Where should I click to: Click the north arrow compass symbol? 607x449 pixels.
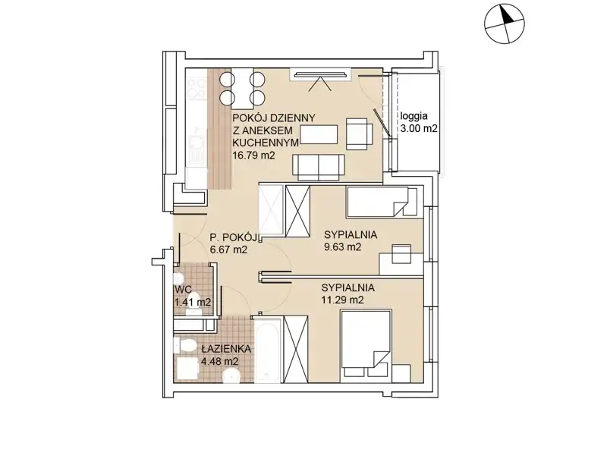(x=505, y=23)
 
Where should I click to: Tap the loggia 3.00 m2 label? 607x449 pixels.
(x=419, y=122)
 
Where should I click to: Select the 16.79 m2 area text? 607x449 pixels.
(x=253, y=155)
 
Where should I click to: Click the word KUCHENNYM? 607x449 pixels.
(x=265, y=143)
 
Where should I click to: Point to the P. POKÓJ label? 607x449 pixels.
(x=234, y=237)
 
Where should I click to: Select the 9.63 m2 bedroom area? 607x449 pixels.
(x=343, y=247)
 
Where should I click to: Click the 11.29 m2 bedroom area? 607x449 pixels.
(x=342, y=300)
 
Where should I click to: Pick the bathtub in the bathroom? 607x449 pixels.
(x=268, y=349)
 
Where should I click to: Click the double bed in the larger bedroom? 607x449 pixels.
(x=366, y=346)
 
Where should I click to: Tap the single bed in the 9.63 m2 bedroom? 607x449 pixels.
(x=382, y=202)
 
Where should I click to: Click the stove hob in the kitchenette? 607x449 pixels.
(x=197, y=88)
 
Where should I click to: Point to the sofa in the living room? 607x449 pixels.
(x=318, y=168)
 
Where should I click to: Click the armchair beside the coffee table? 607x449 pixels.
(x=359, y=133)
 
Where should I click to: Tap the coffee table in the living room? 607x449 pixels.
(x=319, y=134)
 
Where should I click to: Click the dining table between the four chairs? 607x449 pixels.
(x=242, y=88)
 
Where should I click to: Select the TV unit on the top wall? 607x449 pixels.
(x=320, y=74)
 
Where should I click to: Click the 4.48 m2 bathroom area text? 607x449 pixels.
(x=219, y=362)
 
